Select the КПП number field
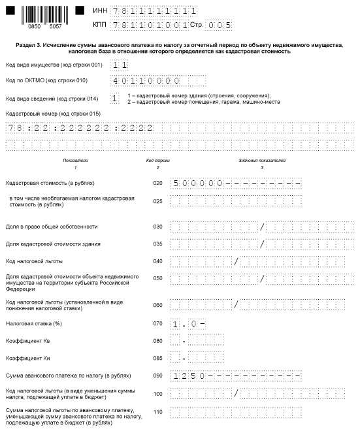tap(157, 25)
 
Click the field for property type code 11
tap(119, 65)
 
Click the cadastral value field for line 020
tap(235, 184)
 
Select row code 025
tap(157, 201)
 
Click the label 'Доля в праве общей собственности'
tap(52, 227)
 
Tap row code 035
tap(157, 244)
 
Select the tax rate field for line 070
tap(189, 323)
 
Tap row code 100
tap(157, 393)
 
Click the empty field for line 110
tap(235, 412)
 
